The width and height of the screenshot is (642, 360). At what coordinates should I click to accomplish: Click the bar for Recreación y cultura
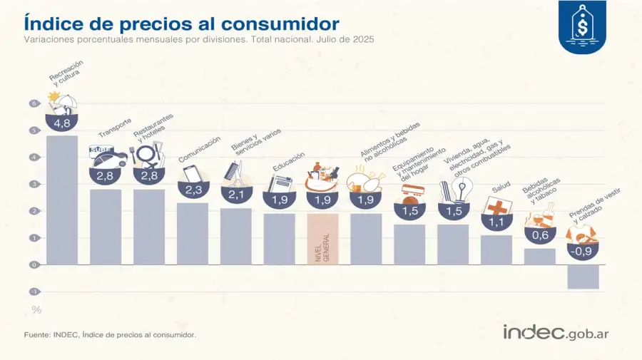(x=62, y=200)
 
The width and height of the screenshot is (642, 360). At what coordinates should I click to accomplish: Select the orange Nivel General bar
(x=322, y=239)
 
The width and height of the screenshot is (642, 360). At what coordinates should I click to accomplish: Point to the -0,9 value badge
(x=583, y=251)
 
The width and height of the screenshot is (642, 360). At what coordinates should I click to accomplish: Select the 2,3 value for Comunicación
(x=193, y=190)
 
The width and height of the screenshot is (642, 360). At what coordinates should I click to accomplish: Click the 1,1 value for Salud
(x=496, y=221)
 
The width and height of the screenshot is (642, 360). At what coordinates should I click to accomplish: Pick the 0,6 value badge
(x=540, y=235)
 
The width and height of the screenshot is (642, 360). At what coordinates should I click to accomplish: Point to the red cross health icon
(x=496, y=206)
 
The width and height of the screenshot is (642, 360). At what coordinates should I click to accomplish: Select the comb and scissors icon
(x=235, y=171)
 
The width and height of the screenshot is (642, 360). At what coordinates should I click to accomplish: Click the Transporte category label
(x=115, y=128)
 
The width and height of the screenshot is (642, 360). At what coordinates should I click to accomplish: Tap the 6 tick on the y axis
(x=33, y=103)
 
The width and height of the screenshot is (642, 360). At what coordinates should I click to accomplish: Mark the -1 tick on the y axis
(x=33, y=292)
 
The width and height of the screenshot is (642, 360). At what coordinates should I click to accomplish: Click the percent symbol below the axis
(x=36, y=309)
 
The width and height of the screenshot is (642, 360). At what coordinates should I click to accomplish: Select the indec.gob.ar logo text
(x=556, y=332)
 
